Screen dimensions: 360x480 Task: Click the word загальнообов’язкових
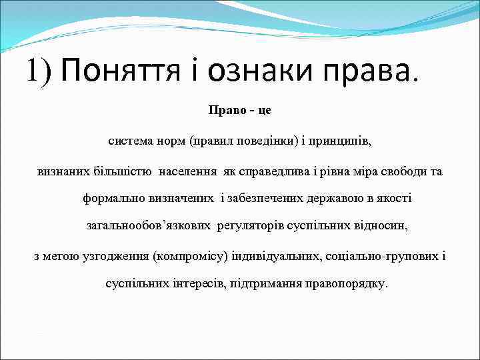click(x=149, y=227)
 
